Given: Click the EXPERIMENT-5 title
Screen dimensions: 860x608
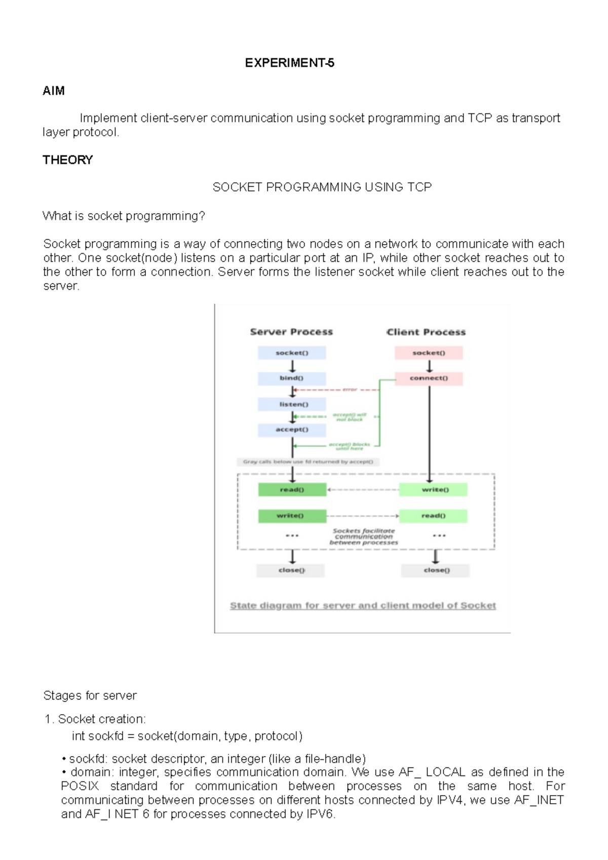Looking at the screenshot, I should [289, 63].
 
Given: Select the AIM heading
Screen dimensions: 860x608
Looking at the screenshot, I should [54, 91].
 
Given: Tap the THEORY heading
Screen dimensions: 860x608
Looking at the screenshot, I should [68, 160].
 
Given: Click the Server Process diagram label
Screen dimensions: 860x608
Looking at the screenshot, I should [291, 332].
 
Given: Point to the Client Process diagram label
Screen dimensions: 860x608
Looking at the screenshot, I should [426, 332].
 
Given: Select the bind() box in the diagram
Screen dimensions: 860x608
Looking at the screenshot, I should [291, 378].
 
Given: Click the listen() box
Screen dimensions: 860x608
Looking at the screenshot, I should [292, 404].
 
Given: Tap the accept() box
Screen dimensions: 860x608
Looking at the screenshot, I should [292, 429].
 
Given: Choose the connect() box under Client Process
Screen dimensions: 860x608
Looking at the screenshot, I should [429, 378].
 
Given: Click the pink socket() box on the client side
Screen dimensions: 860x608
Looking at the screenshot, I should [429, 353].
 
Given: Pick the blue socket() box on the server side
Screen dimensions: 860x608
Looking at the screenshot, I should [292, 353].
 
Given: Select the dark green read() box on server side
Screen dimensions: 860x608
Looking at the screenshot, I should [292, 490].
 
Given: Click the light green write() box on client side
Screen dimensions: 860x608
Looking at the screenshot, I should [434, 490].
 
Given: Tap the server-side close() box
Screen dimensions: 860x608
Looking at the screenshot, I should [291, 570].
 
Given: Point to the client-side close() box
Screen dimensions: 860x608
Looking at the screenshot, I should [436, 570].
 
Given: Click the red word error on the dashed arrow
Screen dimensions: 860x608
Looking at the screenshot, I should [350, 389].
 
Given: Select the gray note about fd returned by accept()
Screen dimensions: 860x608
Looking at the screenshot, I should [308, 462].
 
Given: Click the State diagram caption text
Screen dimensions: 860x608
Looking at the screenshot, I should [363, 606].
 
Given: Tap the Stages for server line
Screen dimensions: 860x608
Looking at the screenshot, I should [90, 696].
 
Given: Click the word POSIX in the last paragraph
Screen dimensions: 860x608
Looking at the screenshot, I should [80, 786].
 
